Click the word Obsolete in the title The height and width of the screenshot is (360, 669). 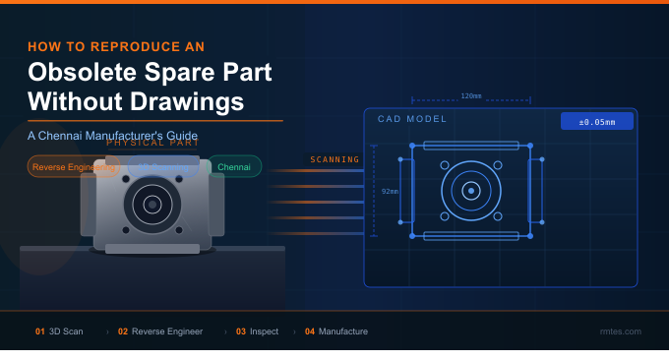(88, 73)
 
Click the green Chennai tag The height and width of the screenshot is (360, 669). (234, 167)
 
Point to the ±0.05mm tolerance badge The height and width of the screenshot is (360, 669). (596, 122)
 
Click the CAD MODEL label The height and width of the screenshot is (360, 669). (412, 119)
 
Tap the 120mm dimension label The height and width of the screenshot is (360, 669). (471, 96)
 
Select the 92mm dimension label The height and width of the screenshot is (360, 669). (390, 191)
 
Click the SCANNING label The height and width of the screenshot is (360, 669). (334, 159)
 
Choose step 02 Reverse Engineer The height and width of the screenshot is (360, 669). (160, 331)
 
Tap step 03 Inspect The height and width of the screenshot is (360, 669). (257, 331)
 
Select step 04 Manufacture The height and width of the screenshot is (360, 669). (336, 331)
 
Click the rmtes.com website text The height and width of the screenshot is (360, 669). (620, 331)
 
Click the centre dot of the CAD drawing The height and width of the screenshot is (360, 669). (471, 190)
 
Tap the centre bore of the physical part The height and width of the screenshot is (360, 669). (152, 205)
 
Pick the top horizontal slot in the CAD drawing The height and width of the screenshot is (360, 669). (471, 146)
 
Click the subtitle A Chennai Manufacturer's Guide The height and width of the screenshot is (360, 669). (113, 135)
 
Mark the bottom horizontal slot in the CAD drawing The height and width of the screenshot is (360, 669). (471, 236)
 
